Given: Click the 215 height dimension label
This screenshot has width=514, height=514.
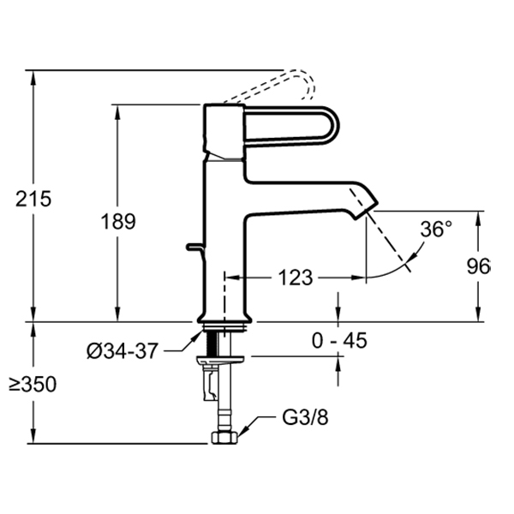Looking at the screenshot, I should [34, 198].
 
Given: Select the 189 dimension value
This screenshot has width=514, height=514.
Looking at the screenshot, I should [118, 222].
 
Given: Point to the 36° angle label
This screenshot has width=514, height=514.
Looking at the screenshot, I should [436, 230].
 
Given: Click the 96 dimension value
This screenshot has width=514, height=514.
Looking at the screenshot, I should [479, 266].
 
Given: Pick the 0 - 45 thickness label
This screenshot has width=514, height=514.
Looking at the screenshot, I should [339, 341].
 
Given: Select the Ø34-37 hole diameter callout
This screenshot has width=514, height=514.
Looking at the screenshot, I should [123, 350].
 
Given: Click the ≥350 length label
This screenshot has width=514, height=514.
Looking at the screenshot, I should [33, 385].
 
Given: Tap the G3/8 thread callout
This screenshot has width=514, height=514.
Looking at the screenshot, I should [304, 420].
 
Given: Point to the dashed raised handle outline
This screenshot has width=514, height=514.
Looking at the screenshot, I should [300, 86].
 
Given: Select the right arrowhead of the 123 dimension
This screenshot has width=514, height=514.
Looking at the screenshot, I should [360, 278].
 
